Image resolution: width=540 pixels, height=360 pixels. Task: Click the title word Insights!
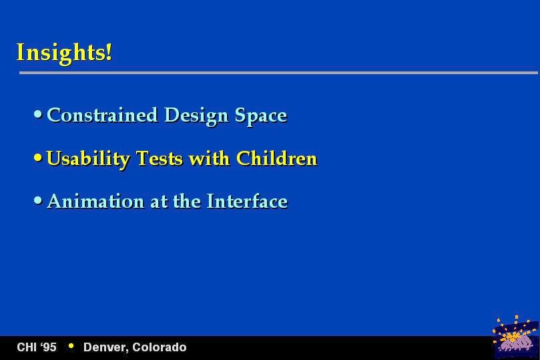pos(64,53)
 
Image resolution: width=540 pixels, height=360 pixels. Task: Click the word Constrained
pos(102,115)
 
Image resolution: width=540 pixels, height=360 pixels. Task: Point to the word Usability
pos(88,159)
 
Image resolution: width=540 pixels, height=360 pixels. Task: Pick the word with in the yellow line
pos(209,158)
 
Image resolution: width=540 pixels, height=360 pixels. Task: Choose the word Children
pos(276,158)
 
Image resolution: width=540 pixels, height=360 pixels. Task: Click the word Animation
pos(95,201)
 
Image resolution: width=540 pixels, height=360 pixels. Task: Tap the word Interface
pos(247,201)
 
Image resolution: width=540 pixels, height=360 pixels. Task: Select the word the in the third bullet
pos(187,201)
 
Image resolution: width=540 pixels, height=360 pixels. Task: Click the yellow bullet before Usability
pos(38,158)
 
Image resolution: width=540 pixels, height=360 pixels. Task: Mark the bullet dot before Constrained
pos(38,114)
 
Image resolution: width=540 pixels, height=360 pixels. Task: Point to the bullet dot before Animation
pos(38,200)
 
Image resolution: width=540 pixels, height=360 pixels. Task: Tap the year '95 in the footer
pos(47,347)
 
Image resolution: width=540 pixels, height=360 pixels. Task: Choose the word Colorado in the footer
pos(160,347)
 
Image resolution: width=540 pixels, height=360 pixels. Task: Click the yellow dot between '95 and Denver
pos(71,345)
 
